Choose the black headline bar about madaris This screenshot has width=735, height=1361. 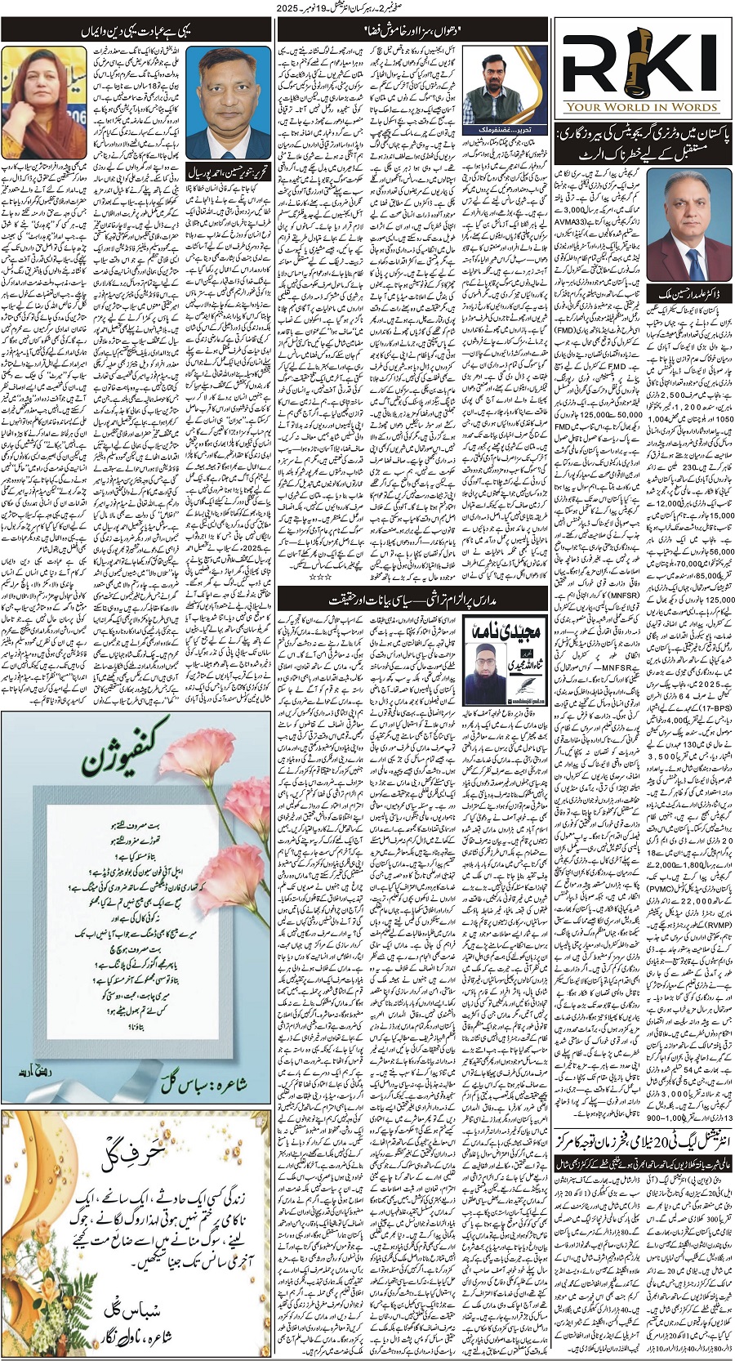coord(412,599)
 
